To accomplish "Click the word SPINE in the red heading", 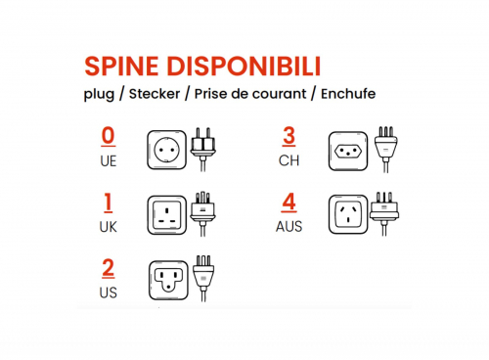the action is coord(121,67).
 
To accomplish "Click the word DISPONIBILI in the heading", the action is coord(244,67).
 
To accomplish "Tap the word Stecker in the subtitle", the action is coord(155,94).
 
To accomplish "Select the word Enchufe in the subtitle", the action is coord(348,94).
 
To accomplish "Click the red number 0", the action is coord(109,136).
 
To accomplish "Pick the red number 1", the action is coord(108,202).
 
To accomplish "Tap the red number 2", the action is coord(109,269).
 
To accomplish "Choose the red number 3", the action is coord(289,136).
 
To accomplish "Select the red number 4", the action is coord(289,202).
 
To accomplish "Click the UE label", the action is coord(109,161).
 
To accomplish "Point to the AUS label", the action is coord(289,227).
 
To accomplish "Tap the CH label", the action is coord(289,160).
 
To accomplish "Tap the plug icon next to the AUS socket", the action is coord(384,213).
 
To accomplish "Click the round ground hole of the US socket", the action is coord(168,288).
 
